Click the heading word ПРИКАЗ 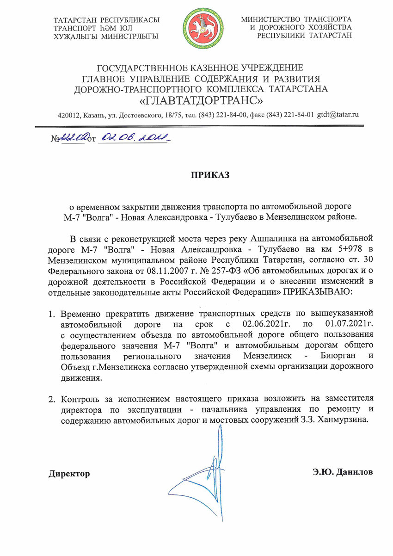tap(210, 175)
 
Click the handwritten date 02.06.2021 tap(134, 137)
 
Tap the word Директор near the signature tap(69, 474)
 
